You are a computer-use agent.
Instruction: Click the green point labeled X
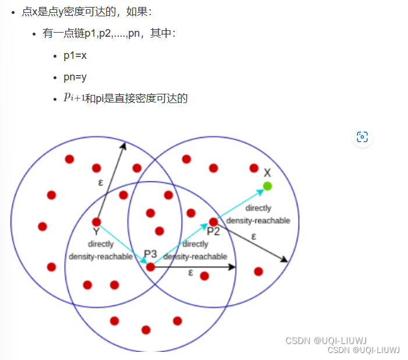pos(267,186)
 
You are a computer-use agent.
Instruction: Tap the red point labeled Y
pos(97,222)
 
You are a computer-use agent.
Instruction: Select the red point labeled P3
pos(151,267)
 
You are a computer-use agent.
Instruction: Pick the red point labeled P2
pos(214,222)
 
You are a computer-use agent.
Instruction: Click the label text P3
pos(150,254)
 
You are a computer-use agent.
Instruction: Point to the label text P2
pos(213,232)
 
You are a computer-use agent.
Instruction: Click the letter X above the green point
pos(267,173)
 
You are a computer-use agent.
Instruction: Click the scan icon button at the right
pos(362,137)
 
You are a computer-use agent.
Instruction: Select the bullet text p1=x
pos(75,56)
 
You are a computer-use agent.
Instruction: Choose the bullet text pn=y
pos(75,77)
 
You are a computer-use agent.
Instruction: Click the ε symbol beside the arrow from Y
pos(101,182)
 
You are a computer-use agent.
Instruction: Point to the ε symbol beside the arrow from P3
pos(191,273)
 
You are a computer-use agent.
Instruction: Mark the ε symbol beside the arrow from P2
pos(253,236)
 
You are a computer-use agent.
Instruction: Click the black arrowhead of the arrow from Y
pos(123,145)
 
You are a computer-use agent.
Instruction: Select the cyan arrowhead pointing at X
pos(260,190)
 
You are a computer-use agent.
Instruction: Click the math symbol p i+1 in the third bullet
pos(74,98)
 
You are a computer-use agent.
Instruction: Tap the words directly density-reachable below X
pos(258,214)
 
